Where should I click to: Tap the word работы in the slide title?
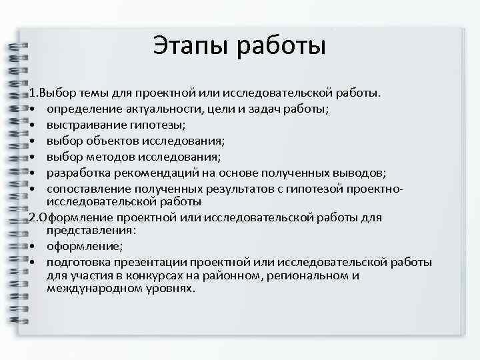click(279, 46)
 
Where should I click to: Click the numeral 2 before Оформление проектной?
click(31, 217)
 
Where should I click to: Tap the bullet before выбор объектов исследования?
click(33, 141)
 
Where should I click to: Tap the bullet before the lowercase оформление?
click(33, 245)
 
